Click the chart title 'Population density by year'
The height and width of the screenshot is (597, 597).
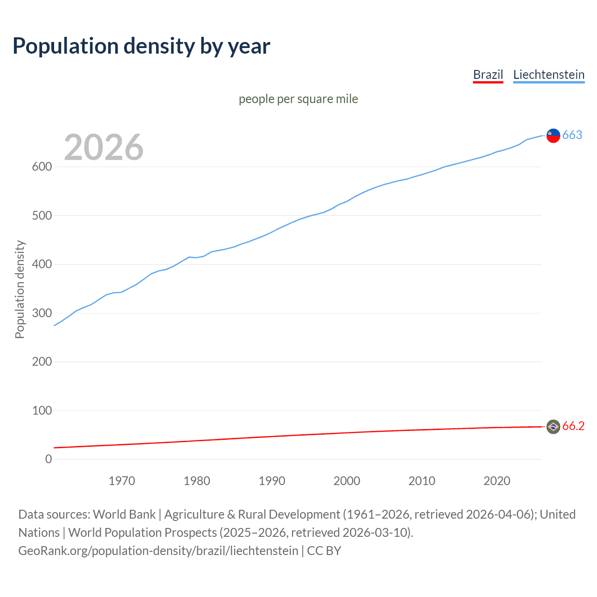(x=141, y=46)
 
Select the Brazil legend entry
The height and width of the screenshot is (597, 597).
(x=488, y=75)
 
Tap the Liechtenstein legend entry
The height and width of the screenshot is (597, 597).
(x=548, y=75)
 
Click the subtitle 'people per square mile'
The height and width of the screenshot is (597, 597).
(x=298, y=99)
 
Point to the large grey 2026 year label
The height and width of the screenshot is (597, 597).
(x=104, y=147)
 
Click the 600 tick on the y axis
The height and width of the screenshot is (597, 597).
(x=42, y=167)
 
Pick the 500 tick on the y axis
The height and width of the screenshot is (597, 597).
(x=42, y=215)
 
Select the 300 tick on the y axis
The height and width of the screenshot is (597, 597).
(x=42, y=313)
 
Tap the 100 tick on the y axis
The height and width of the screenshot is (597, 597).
(x=42, y=410)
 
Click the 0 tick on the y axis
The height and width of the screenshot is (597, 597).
(x=49, y=459)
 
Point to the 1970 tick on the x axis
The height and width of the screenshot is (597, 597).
(x=122, y=481)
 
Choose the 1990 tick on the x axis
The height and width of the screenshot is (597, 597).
(x=272, y=481)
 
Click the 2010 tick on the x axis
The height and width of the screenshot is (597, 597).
(x=422, y=481)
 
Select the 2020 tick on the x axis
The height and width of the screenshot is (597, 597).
(x=497, y=481)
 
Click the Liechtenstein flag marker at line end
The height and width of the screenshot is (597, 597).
(x=553, y=135)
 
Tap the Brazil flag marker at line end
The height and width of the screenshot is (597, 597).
(x=553, y=426)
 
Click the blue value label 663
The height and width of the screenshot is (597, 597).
(x=572, y=135)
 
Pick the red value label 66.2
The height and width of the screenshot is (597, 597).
(x=573, y=426)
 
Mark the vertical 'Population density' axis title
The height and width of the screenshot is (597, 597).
(x=20, y=289)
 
